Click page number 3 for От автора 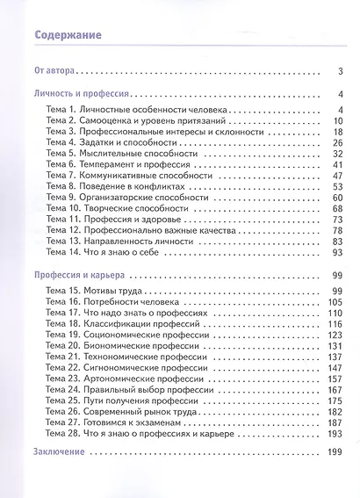339,72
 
